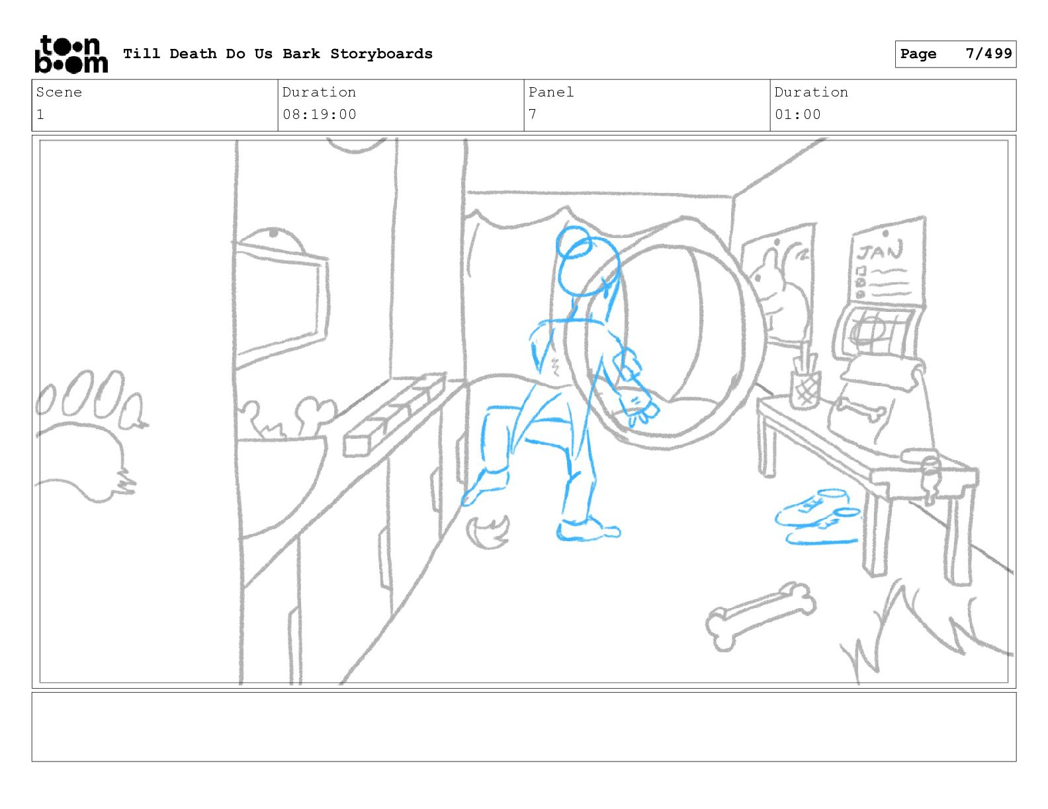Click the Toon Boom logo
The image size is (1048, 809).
click(71, 54)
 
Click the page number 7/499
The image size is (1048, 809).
click(988, 54)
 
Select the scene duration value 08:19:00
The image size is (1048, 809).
click(320, 115)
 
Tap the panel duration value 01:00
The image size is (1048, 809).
click(797, 115)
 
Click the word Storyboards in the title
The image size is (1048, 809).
click(381, 54)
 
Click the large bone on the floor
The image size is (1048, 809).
click(761, 616)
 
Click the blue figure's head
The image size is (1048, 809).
click(588, 262)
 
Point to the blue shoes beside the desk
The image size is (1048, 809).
click(818, 516)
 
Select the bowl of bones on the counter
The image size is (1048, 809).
click(282, 463)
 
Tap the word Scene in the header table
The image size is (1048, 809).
click(59, 92)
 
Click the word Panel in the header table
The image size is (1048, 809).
click(550, 92)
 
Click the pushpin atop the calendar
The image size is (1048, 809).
click(885, 234)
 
